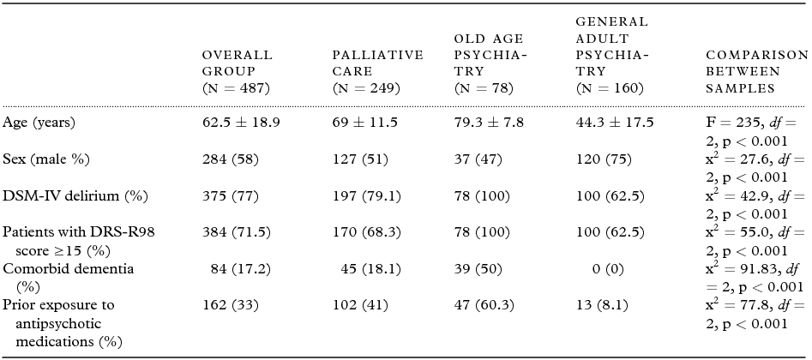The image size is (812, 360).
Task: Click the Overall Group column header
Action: pos(237,71)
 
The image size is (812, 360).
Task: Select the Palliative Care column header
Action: pos(377,71)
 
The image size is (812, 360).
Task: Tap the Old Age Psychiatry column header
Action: pos(490,63)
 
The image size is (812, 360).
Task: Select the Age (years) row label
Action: pos(39,123)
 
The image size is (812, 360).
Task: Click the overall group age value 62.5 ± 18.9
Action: pos(240,123)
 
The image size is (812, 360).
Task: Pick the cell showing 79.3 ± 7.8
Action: pos(489,123)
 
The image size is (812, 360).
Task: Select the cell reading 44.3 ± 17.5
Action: pos(615,123)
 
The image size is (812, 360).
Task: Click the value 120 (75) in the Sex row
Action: pos(607,159)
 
